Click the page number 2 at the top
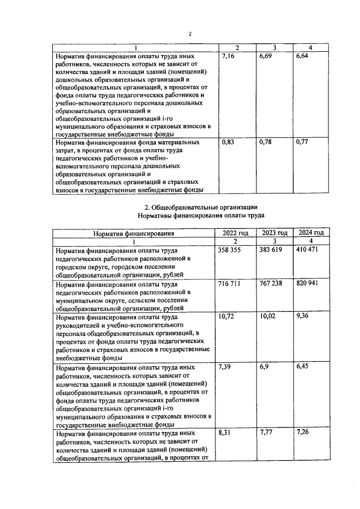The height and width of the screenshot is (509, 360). tap(190, 34)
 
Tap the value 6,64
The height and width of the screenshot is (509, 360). tap(302, 57)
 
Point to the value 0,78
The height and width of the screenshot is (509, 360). tap(266, 143)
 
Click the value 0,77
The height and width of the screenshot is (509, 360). tap(302, 143)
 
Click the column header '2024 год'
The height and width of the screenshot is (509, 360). tap(311, 232)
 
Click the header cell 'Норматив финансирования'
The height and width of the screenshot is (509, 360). tap(133, 233)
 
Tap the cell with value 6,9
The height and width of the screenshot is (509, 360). tap(264, 367)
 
